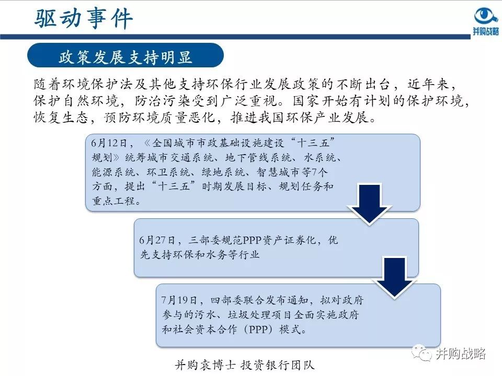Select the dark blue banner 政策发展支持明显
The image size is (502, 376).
pyautogui.click(x=125, y=56)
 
